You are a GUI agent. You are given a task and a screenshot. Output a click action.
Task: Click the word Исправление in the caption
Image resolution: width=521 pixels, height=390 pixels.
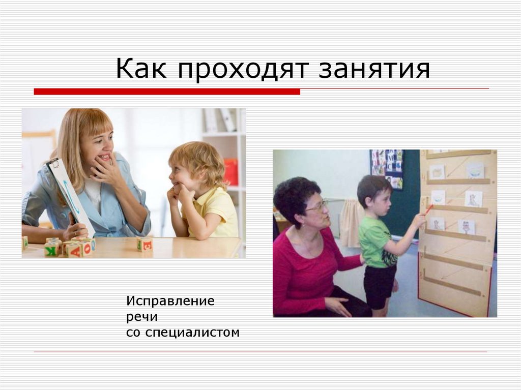[170, 301]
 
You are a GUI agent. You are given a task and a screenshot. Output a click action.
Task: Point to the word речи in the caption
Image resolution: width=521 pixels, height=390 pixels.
[142, 317]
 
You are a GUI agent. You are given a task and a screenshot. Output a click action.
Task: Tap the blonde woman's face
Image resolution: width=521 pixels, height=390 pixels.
[96, 148]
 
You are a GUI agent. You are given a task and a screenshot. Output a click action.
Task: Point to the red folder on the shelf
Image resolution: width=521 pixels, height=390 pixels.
[230, 172]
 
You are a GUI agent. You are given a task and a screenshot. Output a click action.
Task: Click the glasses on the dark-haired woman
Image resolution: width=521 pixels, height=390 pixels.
[316, 205]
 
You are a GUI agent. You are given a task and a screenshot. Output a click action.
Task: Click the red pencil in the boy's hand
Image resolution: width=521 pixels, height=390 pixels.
[428, 208]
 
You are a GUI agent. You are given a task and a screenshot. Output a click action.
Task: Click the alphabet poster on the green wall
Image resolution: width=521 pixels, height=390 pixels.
[386, 167]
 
